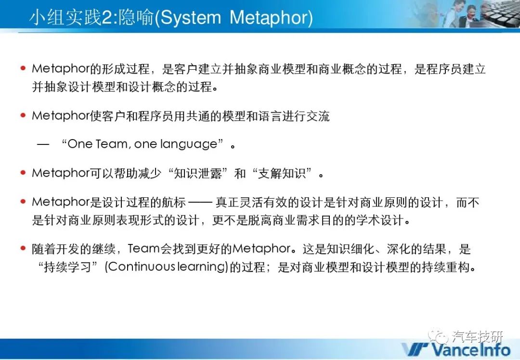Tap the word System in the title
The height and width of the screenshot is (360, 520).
(191, 18)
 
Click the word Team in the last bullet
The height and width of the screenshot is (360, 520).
(143, 249)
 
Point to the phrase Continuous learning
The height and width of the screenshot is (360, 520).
(167, 267)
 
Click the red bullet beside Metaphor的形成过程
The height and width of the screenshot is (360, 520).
(23, 68)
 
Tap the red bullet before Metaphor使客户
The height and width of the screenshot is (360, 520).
(23, 116)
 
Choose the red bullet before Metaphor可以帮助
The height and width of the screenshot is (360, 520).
(23, 173)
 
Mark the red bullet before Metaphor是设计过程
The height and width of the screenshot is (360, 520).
(23, 202)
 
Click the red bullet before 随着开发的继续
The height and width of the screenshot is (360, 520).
(23, 248)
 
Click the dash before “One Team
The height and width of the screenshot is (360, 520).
(43, 144)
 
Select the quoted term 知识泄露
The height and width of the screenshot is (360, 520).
(198, 173)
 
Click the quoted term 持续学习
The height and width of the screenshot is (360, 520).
(68, 267)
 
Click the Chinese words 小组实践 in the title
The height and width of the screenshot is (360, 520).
(65, 18)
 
